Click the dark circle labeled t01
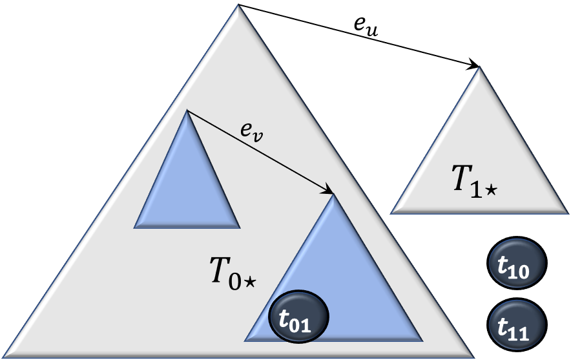[299, 316]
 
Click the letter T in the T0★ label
[220, 270]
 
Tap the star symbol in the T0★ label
[251, 281]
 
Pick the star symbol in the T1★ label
[492, 191]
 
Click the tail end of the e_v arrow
[188, 111]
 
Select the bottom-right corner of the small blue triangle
[239, 227]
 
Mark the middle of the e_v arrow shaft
[260, 152]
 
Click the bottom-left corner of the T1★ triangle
[392, 212]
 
